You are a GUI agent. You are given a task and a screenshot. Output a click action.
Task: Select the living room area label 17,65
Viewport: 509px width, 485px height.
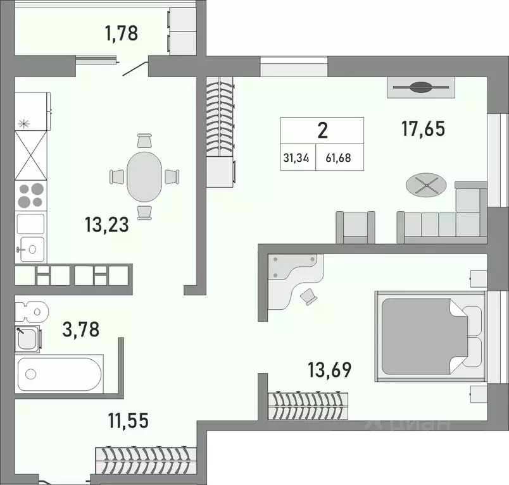423,128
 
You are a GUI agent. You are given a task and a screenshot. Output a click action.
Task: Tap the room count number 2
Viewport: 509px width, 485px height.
322,131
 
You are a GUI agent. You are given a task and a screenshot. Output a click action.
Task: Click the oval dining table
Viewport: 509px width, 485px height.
144,176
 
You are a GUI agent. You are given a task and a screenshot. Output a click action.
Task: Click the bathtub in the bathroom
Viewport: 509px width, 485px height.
60,374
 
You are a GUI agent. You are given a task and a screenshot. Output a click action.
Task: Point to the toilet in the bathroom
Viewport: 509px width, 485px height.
31,310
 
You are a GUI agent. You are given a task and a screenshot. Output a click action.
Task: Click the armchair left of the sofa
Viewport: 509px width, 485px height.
355,227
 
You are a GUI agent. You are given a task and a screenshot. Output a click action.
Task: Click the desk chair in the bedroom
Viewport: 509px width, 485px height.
310,295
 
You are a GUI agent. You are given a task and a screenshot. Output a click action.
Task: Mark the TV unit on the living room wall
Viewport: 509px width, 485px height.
420,87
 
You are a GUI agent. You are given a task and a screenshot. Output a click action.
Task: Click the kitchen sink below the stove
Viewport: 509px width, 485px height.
30,248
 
